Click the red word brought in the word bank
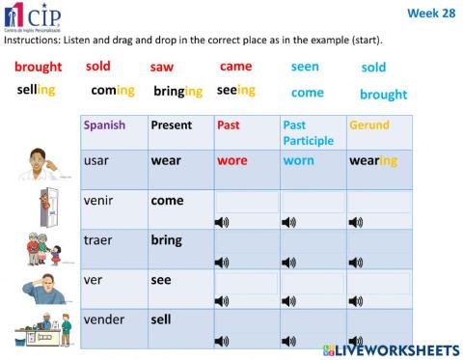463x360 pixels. (39, 68)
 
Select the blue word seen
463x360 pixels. (306, 68)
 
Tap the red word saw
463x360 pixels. (162, 68)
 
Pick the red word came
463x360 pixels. (235, 67)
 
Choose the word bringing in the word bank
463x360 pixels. (178, 92)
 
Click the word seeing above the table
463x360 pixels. (235, 91)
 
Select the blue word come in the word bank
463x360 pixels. (307, 93)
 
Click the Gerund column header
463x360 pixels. (369, 125)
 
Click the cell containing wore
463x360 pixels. (232, 161)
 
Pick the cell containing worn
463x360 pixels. (299, 161)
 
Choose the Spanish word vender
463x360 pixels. (104, 318)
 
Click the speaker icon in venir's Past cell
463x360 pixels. (222, 221)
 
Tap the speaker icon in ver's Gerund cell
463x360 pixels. (356, 300)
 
